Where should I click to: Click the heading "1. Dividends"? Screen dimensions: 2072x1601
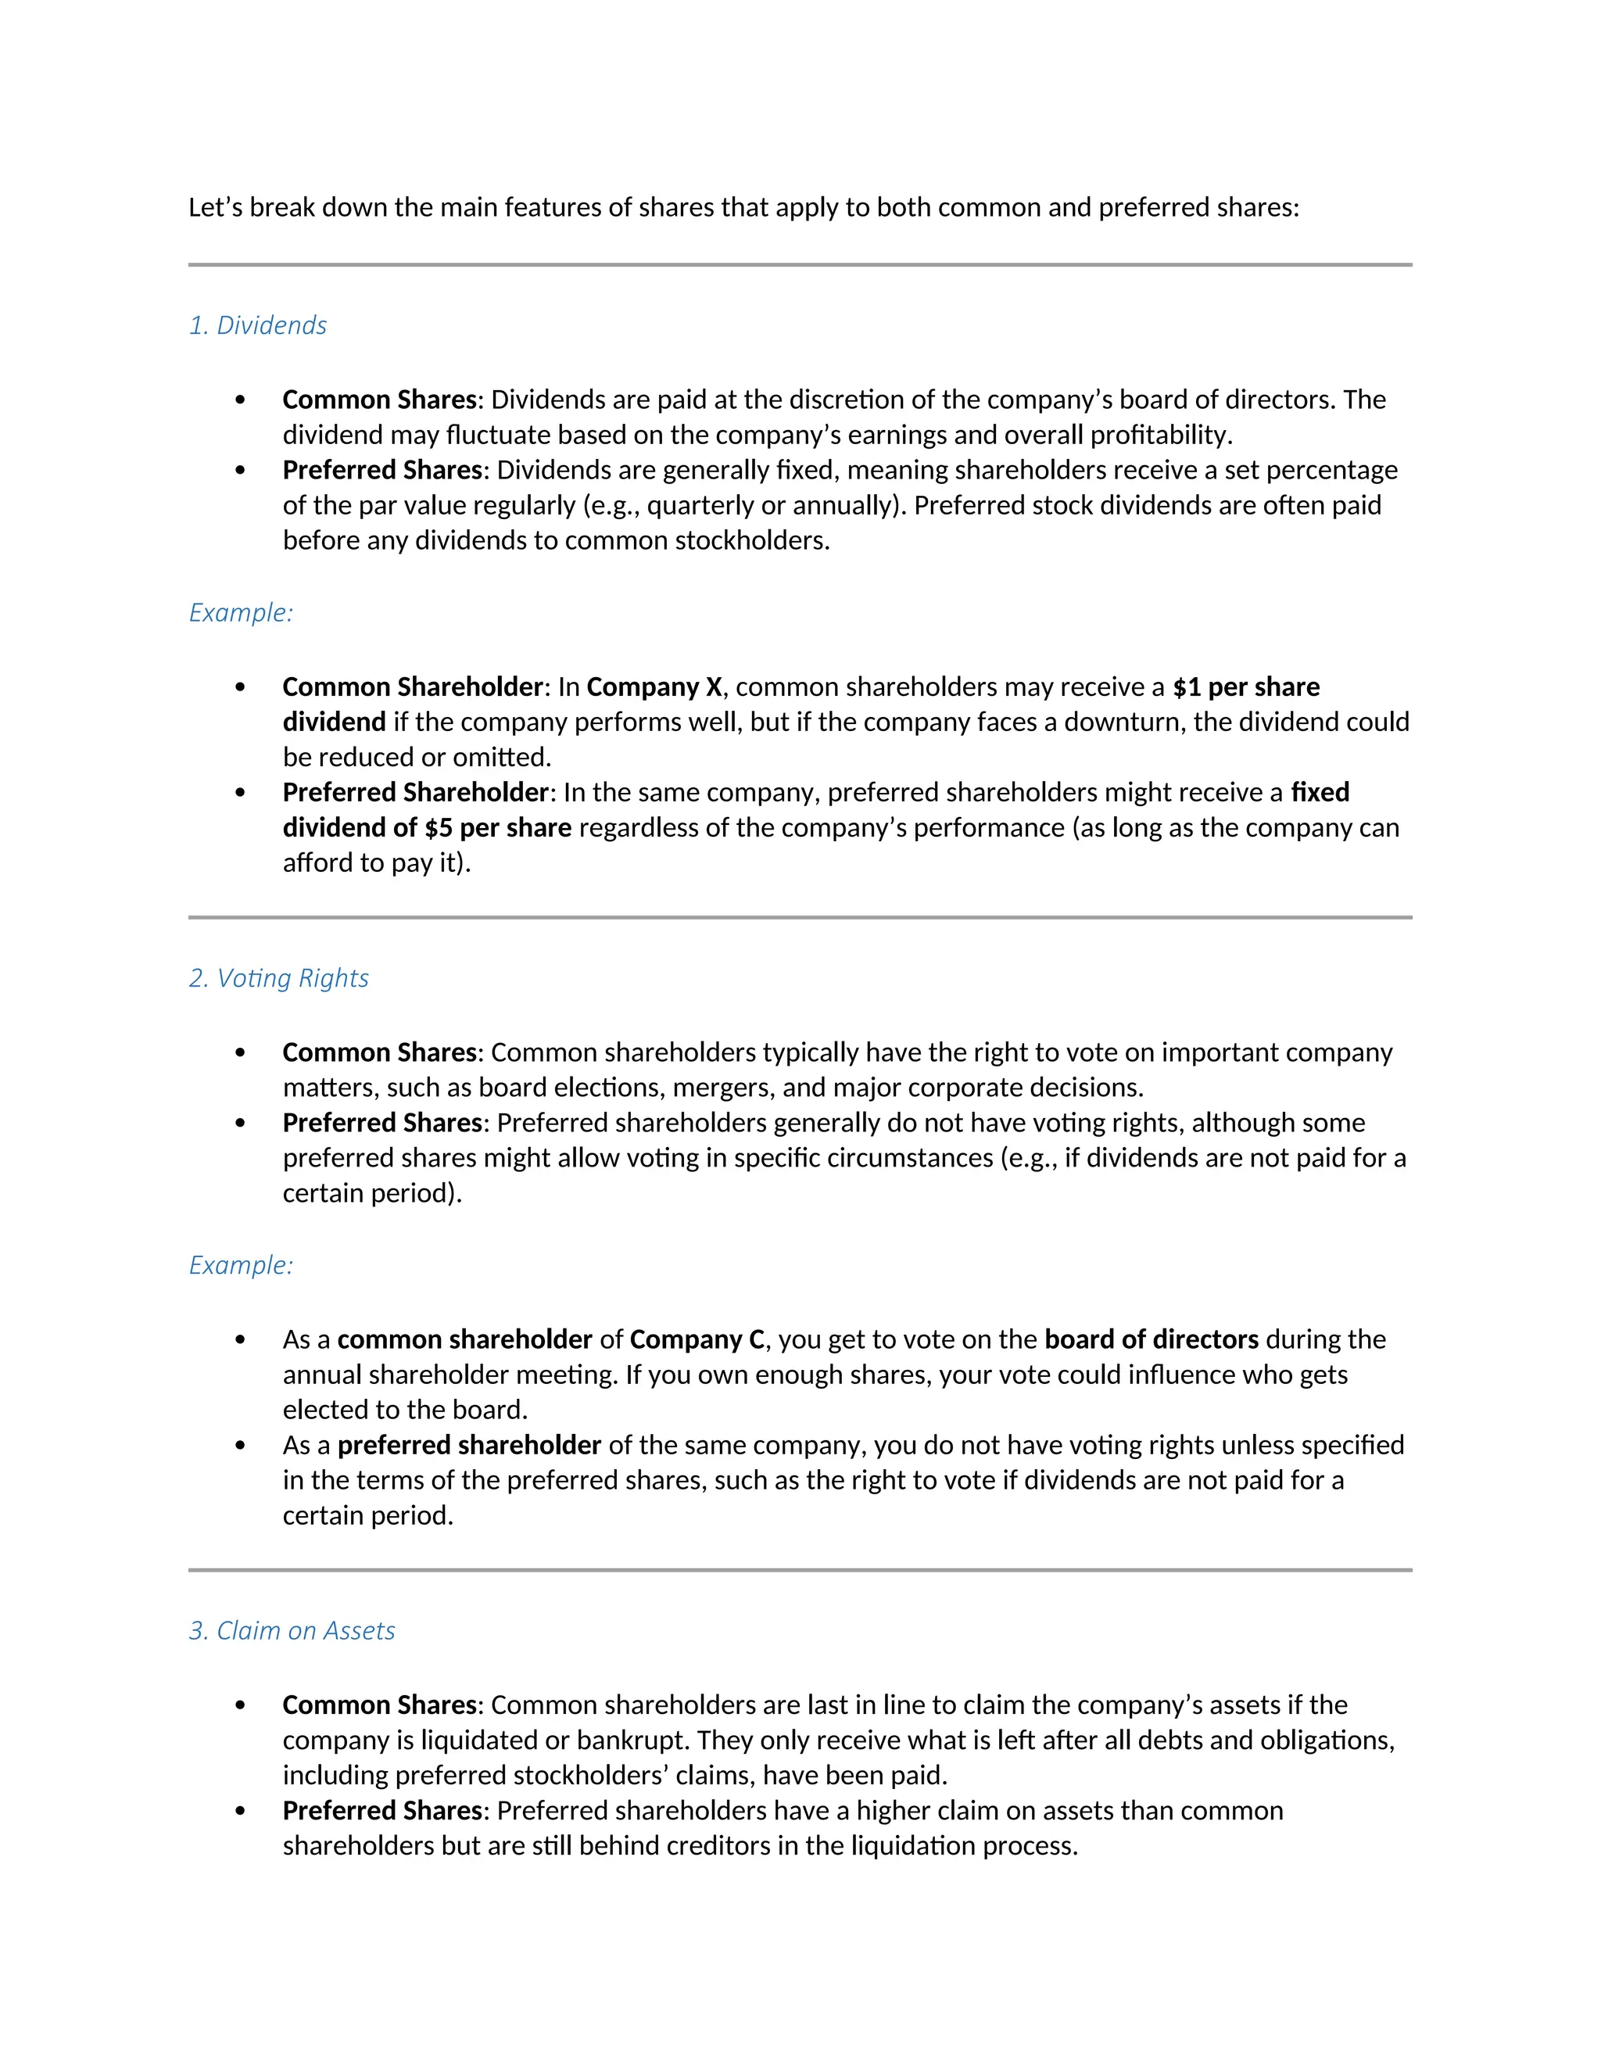[257, 325]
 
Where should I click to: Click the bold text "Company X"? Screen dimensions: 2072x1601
[654, 686]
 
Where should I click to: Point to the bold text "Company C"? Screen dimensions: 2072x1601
[697, 1339]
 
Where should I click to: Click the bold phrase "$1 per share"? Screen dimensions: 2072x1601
[1246, 686]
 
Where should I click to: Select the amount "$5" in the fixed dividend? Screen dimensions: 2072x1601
[439, 828]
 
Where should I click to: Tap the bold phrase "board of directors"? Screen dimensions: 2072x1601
[1152, 1339]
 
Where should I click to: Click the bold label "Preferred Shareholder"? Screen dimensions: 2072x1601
[415, 792]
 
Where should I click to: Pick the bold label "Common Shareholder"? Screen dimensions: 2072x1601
[413, 686]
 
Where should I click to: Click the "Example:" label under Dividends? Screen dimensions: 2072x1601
[241, 613]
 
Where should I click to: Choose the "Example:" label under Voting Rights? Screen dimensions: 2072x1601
[241, 1266]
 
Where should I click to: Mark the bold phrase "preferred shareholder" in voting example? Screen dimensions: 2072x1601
[470, 1446]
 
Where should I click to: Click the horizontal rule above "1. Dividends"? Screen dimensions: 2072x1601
[800, 266]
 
